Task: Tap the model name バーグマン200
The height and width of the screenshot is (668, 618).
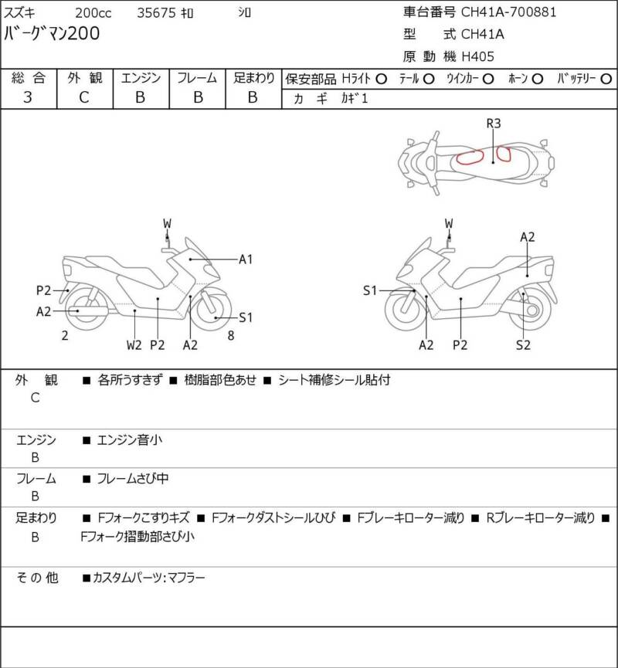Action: coord(52,33)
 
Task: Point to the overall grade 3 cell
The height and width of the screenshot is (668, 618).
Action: coord(28,97)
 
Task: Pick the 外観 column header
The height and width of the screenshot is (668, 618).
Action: coord(84,77)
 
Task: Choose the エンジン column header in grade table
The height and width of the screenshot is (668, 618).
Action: coord(141,77)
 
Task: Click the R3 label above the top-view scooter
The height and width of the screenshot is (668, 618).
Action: coord(494,124)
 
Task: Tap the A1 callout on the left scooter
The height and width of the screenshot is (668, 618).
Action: coord(246,259)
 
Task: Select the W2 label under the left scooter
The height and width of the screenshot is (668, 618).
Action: coord(134,344)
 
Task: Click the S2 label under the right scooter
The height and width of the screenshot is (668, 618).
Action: coord(523,344)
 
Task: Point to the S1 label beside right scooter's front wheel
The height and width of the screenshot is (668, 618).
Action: coord(370,290)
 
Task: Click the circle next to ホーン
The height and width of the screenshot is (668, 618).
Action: coord(538,78)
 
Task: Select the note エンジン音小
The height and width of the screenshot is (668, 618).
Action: coord(130,440)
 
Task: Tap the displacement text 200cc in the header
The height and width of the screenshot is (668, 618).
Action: coord(92,13)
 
